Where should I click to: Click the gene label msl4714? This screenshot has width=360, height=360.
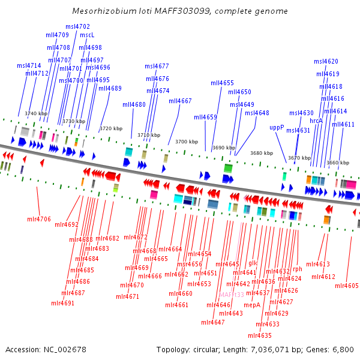pyautogui.click(x=29, y=65)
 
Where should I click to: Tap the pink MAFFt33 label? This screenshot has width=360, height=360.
pyautogui.click(x=232, y=295)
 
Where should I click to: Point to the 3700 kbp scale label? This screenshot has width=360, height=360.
pyautogui.click(x=187, y=142)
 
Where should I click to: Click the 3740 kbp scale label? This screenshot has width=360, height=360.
pyautogui.click(x=36, y=113)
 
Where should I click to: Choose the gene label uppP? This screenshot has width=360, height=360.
pyautogui.click(x=277, y=127)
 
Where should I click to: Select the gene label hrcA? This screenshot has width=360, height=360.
pyautogui.click(x=316, y=121)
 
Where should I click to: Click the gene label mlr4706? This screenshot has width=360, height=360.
pyautogui.click(x=39, y=219)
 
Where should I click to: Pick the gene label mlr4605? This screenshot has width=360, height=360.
pyautogui.click(x=347, y=286)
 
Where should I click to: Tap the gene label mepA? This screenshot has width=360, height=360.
pyautogui.click(x=252, y=305)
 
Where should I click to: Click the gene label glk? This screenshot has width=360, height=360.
pyautogui.click(x=253, y=263)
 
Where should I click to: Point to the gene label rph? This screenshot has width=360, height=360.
pyautogui.click(x=298, y=269)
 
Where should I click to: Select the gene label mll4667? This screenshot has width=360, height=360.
pyautogui.click(x=180, y=101)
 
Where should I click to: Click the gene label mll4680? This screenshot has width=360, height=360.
pyautogui.click(x=134, y=104)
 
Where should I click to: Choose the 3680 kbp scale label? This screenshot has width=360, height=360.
pyautogui.click(x=262, y=153)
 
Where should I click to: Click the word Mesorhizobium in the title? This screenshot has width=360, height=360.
pyautogui.click(x=101, y=11)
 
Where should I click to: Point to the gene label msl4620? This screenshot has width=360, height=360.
pyautogui.click(x=326, y=61)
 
